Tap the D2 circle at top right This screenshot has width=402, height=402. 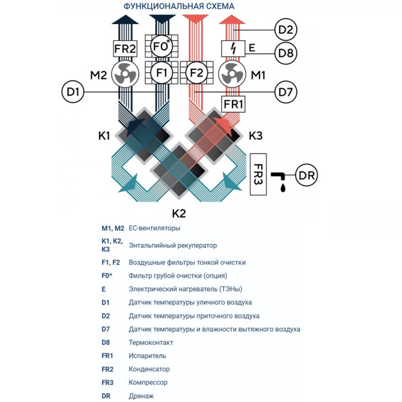(x=285, y=29)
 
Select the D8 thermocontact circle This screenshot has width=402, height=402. (x=285, y=53)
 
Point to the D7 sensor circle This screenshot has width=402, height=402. (x=285, y=91)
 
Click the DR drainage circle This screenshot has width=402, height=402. (x=306, y=174)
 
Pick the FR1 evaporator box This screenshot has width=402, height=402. (x=234, y=105)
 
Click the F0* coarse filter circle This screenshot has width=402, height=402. (x=161, y=46)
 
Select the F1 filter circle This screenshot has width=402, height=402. (x=161, y=74)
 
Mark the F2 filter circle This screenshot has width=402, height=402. (x=197, y=74)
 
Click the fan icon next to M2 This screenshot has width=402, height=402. (x=125, y=74)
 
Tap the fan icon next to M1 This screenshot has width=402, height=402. (x=233, y=74)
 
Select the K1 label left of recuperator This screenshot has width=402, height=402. (x=104, y=137)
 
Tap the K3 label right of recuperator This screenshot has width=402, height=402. (x=256, y=137)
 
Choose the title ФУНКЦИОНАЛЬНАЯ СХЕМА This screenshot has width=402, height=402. (x=179, y=6)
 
